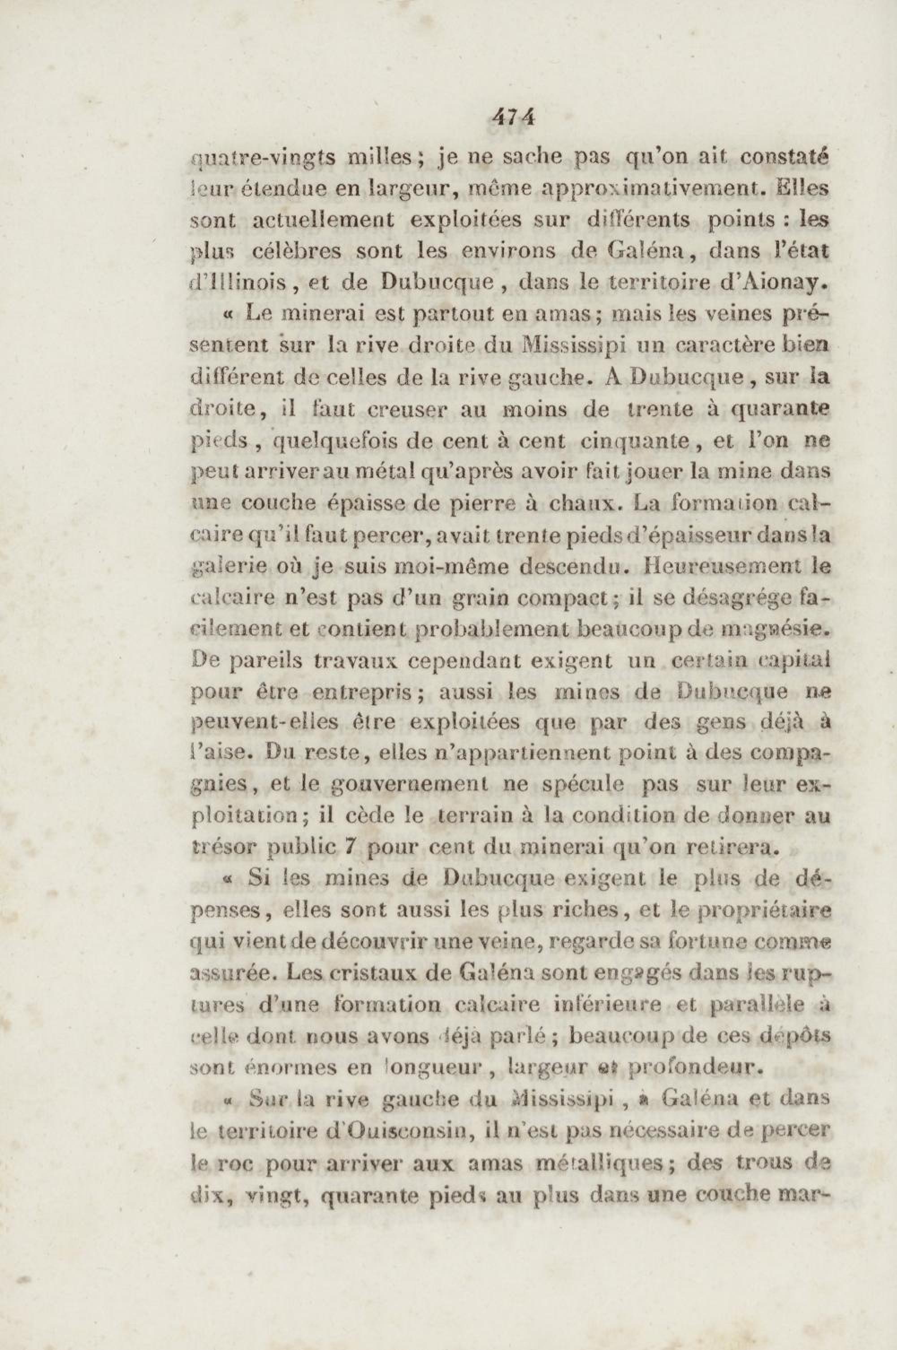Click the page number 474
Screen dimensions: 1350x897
click(x=512, y=118)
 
